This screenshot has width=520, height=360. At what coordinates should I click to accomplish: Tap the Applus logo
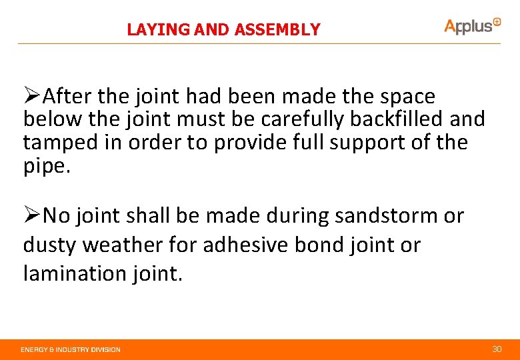[x=472, y=25]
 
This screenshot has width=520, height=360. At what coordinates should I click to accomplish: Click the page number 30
[x=496, y=349]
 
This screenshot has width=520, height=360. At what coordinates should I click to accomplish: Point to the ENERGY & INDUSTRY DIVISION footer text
[x=71, y=349]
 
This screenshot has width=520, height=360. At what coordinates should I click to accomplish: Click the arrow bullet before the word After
[x=32, y=97]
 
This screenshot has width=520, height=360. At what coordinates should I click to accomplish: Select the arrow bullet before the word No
[x=32, y=216]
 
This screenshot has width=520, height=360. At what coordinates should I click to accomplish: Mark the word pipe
[x=44, y=166]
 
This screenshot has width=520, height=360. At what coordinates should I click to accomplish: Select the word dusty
[x=50, y=245]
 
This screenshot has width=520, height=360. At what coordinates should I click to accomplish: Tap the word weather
[x=126, y=245]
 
